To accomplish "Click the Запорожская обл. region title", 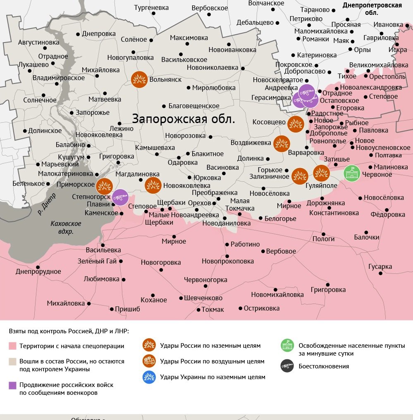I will pyautogui.click(x=184, y=119).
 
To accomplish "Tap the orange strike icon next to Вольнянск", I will pyautogui.click(x=139, y=80).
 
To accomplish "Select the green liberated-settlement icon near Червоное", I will pyautogui.click(x=352, y=173).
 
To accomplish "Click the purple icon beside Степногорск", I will pyautogui.click(x=120, y=197).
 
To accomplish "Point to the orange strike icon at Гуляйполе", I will pyautogui.click(x=321, y=173).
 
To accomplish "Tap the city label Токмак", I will pyautogui.click(x=212, y=309).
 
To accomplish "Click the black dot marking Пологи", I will pyautogui.click(x=324, y=234).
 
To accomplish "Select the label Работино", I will pyautogui.click(x=245, y=244).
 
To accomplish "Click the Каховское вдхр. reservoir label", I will pyautogui.click(x=66, y=228).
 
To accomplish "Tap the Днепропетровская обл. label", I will pyautogui.click(x=372, y=9).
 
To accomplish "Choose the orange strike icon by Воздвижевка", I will pyautogui.click(x=282, y=143).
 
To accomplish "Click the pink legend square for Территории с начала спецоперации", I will pyautogui.click(x=13, y=346).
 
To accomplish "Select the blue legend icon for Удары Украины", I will pyautogui.click(x=149, y=377).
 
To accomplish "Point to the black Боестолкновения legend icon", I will pyautogui.click(x=287, y=366).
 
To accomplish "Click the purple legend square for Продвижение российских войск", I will pyautogui.click(x=13, y=385).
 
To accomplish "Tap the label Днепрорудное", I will pyautogui.click(x=38, y=271).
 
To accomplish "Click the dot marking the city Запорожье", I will pyautogui.click(x=72, y=113).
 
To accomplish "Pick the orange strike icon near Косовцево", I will pyautogui.click(x=295, y=124).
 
